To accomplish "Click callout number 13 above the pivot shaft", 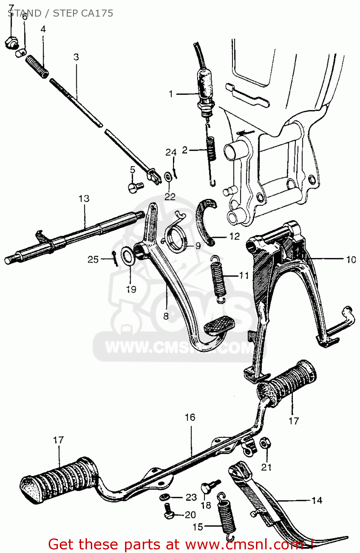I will (x=84, y=199).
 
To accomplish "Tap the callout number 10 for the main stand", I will (x=351, y=260).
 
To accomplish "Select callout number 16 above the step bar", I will (x=190, y=417).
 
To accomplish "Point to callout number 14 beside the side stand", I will (x=316, y=500).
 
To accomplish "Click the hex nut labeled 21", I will (x=264, y=443).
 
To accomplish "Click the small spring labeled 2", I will (x=211, y=149).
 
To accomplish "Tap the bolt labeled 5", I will (x=135, y=187).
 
